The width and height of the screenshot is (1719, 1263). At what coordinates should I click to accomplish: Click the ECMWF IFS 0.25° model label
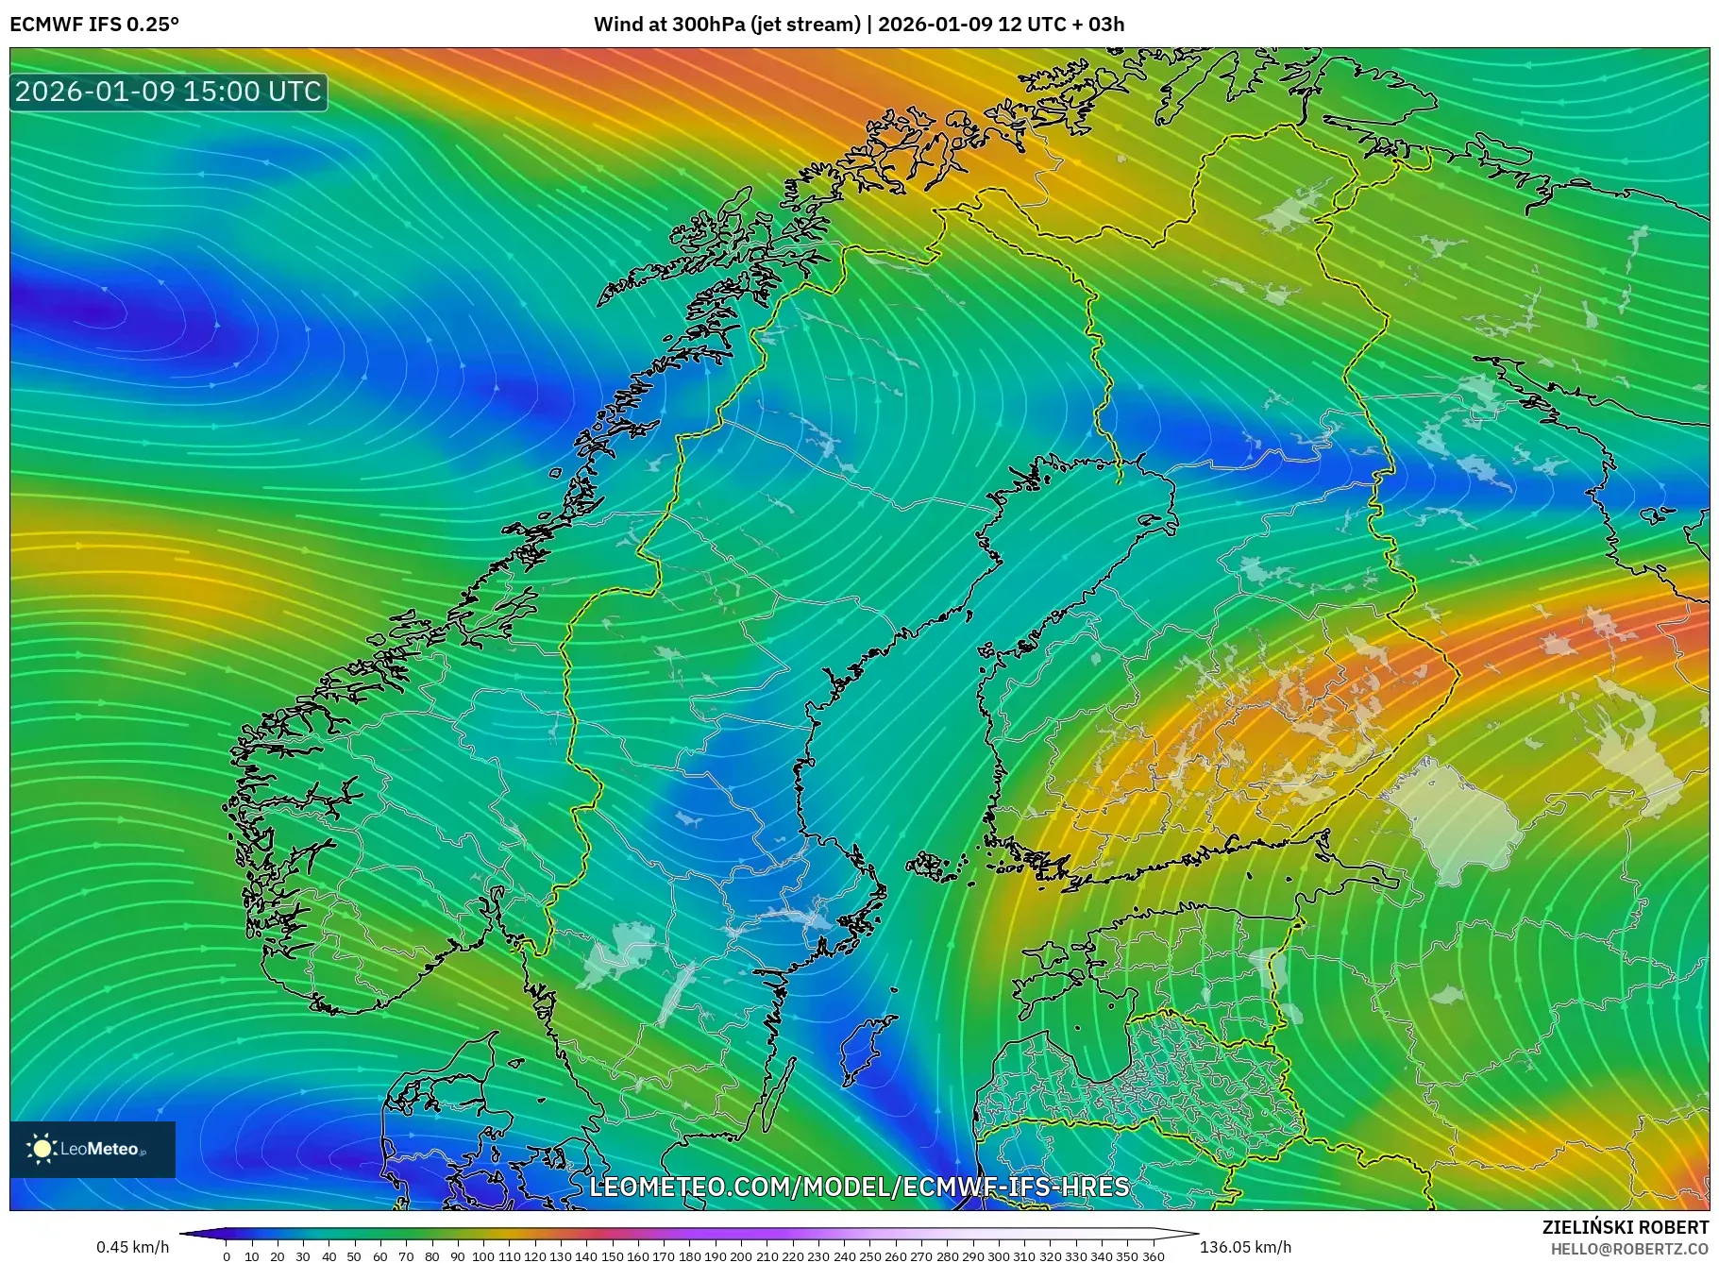tap(93, 24)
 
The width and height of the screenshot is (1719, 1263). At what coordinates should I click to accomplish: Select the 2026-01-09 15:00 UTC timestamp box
tap(168, 92)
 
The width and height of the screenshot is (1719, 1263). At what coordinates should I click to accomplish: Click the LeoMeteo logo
tap(93, 1149)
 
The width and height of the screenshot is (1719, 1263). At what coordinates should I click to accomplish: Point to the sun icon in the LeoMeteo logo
tap(42, 1149)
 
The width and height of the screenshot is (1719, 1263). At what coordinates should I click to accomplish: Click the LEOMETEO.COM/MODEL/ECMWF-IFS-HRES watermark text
tap(859, 1187)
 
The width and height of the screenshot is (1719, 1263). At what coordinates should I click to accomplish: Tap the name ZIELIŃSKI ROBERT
tap(1625, 1227)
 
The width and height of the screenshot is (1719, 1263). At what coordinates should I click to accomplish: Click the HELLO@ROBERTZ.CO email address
tap(1629, 1249)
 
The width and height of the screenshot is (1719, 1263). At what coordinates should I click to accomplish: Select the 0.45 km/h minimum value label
tap(132, 1247)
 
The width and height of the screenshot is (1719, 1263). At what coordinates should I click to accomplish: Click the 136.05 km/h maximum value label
tap(1244, 1247)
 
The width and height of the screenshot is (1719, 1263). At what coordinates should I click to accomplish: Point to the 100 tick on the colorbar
tap(483, 1256)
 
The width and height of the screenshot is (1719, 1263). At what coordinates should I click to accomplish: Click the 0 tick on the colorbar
tap(227, 1256)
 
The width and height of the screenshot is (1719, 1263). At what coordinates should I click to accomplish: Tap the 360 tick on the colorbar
tap(1154, 1256)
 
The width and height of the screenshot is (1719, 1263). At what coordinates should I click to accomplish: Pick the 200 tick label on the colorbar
tap(741, 1256)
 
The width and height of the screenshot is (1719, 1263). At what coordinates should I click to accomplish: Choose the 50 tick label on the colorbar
tap(354, 1256)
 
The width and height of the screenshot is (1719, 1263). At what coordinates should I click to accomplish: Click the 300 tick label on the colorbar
tap(999, 1256)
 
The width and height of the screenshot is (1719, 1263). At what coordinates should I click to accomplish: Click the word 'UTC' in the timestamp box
tap(295, 92)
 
